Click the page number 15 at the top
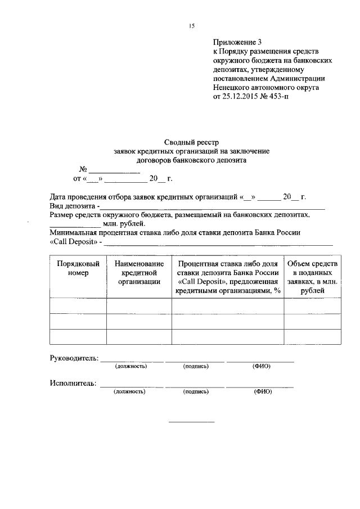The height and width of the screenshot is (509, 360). (192, 26)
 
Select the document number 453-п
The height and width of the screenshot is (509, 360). (290, 97)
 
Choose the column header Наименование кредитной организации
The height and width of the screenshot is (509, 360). (139, 273)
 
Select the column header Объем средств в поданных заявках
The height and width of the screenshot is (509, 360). (312, 277)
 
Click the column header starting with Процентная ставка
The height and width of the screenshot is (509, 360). (228, 277)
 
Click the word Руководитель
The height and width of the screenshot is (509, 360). (74, 358)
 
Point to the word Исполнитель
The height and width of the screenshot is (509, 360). (73, 384)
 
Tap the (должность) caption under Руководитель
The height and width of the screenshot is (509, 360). (131, 366)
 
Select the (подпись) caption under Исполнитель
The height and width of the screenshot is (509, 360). (196, 391)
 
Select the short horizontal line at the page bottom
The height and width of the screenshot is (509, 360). (192, 422)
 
